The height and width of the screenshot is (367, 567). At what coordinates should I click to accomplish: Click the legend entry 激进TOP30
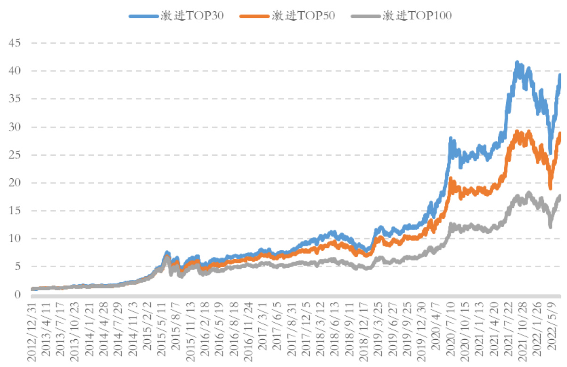pyautogui.click(x=191, y=16)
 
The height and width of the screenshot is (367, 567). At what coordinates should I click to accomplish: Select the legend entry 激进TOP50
pyautogui.click(x=303, y=16)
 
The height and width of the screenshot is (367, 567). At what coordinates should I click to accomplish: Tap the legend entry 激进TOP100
pyautogui.click(x=418, y=16)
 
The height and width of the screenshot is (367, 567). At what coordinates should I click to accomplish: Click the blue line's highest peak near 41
pyautogui.click(x=517, y=62)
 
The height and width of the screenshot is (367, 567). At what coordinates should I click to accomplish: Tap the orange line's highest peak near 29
pyautogui.click(x=518, y=131)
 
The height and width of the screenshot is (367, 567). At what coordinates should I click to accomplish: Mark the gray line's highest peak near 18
pyautogui.click(x=529, y=192)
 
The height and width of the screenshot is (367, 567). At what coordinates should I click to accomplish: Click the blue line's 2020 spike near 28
pyautogui.click(x=451, y=138)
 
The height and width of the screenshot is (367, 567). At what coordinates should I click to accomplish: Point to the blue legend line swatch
pyautogui.click(x=144, y=16)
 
